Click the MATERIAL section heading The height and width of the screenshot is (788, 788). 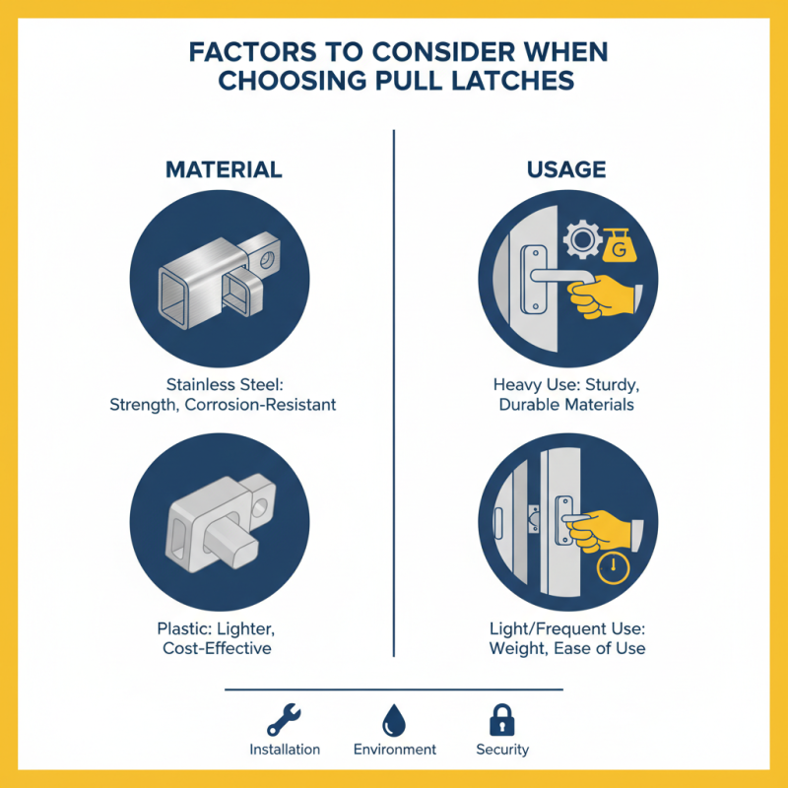point(224,169)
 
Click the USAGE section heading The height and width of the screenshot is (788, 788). point(566,169)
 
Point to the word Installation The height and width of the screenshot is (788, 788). point(285,750)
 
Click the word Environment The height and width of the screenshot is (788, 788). point(394,750)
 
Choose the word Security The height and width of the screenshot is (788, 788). point(502,750)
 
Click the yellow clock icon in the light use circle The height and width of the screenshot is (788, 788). point(614,567)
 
